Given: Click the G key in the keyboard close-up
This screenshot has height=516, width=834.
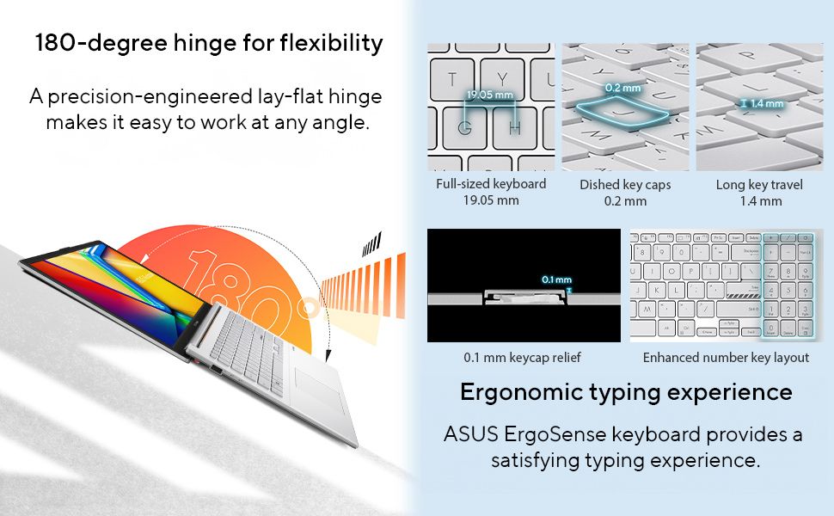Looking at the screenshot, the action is tap(464, 127).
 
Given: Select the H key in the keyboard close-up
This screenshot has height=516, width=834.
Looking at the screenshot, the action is tap(514, 127).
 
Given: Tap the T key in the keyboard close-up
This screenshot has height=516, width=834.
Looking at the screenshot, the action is tap(451, 80).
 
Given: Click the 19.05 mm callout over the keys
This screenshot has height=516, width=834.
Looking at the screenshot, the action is tap(490, 95).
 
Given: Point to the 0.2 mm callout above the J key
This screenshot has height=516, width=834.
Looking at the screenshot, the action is tap(622, 88).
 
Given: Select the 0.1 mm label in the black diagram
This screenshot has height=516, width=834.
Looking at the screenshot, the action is tap(556, 279).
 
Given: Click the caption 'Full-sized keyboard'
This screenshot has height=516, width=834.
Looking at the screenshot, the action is tap(491, 184).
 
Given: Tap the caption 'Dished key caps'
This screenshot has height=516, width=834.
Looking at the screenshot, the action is tap(625, 185).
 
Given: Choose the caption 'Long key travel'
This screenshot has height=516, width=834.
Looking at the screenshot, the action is tap(759, 185).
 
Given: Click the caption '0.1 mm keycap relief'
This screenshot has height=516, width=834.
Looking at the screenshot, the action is tap(522, 358).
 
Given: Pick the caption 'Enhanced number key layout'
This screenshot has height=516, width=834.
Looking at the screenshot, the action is tap(726, 358).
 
